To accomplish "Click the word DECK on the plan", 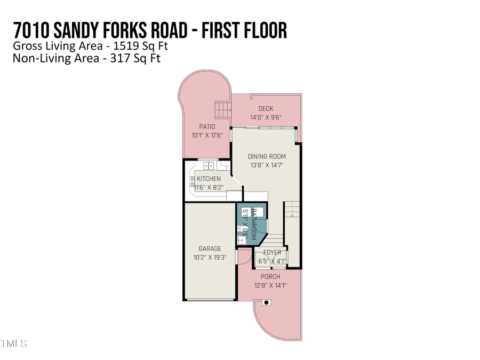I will coord(266,109).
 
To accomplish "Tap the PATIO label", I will coord(207,127).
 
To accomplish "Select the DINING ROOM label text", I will coord(267,157).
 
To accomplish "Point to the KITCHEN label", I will coord(209,179).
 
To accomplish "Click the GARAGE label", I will coord(210,249).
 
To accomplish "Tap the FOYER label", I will coord(272,253).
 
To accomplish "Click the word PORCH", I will coord(270,277).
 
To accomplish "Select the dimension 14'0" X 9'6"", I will coord(266,118).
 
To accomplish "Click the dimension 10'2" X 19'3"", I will coord(210,257).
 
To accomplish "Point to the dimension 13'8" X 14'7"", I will coord(267,165).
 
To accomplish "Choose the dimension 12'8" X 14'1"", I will coord(270,285).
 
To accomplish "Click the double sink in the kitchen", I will coord(205,165).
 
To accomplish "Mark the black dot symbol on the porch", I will coord(267,302).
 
